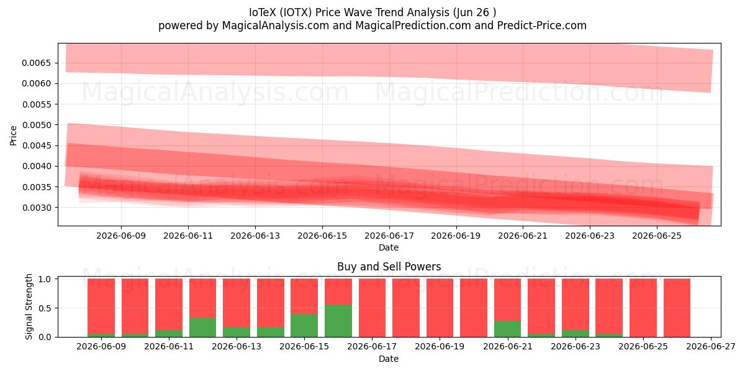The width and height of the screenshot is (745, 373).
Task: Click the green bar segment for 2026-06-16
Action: coord(338,321)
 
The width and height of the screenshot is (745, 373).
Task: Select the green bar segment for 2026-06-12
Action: coord(203,328)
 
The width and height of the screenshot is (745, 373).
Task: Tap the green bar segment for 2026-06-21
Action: coord(508,329)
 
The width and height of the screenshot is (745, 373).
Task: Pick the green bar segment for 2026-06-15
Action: coord(304,325)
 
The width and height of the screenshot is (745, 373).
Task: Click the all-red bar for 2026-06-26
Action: coord(677,308)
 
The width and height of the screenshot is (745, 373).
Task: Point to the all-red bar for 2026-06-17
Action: coord(372,308)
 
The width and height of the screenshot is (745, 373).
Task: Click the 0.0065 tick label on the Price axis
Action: coord(37,63)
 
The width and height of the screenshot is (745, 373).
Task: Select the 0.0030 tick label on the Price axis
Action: coord(37,208)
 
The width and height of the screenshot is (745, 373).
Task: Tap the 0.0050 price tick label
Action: coord(37,125)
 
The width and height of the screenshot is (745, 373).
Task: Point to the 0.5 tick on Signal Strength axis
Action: coord(45,308)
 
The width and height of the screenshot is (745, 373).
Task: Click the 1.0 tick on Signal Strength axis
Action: coord(45,279)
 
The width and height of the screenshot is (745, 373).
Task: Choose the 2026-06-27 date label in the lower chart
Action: coord(711,347)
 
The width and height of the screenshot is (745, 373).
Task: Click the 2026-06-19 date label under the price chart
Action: coord(456,236)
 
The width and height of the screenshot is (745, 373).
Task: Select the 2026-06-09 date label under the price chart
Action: coord(121,236)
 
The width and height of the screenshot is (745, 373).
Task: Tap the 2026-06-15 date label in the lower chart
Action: coord(304,347)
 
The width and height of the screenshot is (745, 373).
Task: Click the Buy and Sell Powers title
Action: coord(389,267)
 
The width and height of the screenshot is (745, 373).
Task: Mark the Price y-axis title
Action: coord(13,136)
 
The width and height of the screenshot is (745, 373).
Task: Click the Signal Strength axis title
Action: coord(29,306)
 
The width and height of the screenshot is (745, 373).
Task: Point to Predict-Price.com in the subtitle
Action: coord(542,25)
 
